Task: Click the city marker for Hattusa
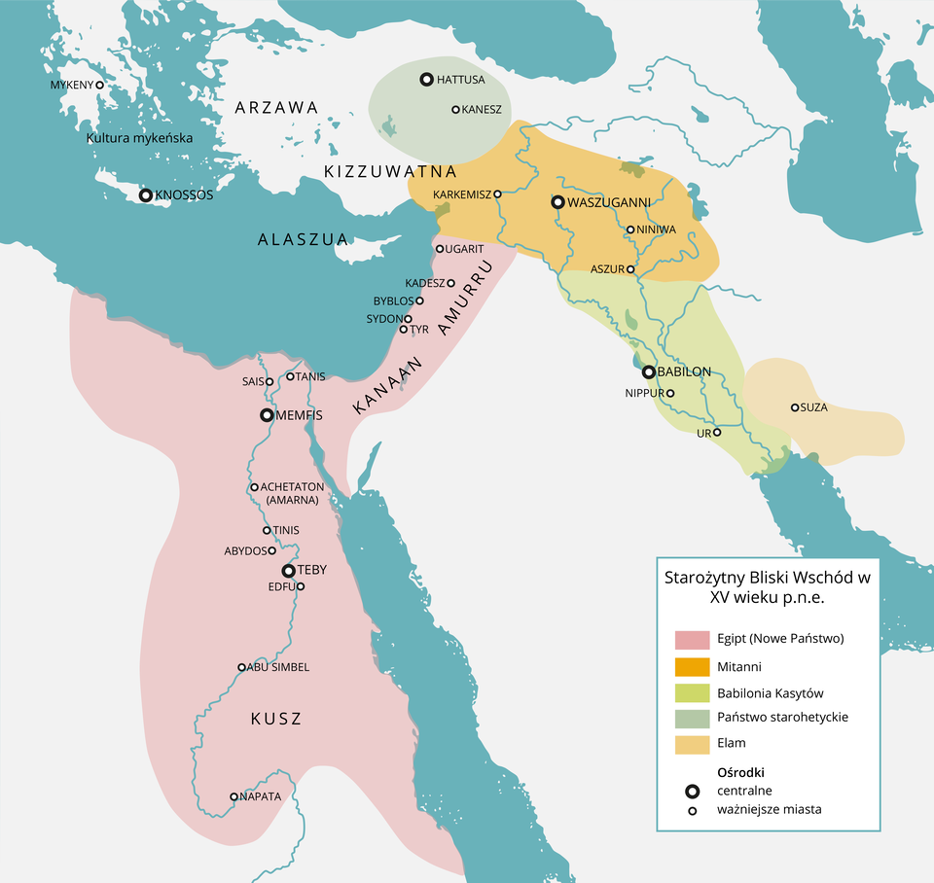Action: (x=426, y=80)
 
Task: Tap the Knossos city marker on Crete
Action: (x=146, y=195)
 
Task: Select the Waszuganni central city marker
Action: (x=557, y=203)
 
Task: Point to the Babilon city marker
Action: (x=648, y=371)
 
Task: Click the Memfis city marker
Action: (x=267, y=415)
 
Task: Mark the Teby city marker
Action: (x=289, y=571)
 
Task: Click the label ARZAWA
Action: (x=276, y=108)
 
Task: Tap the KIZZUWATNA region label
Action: (x=390, y=172)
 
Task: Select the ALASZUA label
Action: (x=303, y=239)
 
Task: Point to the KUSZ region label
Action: (x=276, y=720)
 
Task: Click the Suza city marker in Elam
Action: (x=795, y=407)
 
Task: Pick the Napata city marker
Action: (x=233, y=796)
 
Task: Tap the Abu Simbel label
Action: (x=278, y=667)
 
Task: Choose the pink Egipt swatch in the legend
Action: (x=691, y=639)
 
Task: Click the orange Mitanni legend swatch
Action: (x=691, y=667)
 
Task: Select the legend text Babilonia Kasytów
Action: (x=770, y=692)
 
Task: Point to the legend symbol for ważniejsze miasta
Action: (x=692, y=810)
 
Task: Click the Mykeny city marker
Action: (x=99, y=86)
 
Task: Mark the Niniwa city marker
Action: (x=630, y=230)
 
